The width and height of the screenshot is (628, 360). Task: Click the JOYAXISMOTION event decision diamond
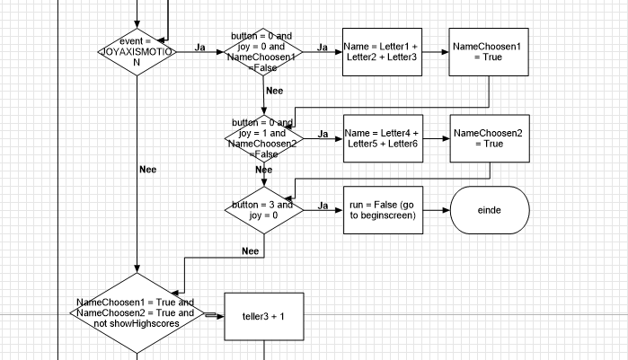(x=137, y=52)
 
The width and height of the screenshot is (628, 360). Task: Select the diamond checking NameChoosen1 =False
(x=265, y=51)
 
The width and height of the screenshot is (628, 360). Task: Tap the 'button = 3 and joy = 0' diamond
(x=265, y=210)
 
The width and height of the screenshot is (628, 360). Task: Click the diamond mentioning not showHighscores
(x=137, y=314)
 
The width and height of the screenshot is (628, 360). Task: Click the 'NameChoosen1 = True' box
(x=488, y=51)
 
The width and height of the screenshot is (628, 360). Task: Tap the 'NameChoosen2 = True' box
(x=488, y=138)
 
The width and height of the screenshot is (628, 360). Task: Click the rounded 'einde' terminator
(x=488, y=210)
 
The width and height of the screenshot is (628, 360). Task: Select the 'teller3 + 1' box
(x=263, y=317)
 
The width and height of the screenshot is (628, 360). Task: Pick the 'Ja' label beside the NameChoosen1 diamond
(x=322, y=47)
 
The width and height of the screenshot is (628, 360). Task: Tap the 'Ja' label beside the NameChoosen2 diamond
(x=322, y=133)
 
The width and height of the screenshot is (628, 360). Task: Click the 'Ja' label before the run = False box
(x=322, y=206)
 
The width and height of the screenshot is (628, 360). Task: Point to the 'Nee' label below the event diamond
(x=148, y=169)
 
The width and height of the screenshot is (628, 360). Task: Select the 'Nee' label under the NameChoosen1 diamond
(x=275, y=91)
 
